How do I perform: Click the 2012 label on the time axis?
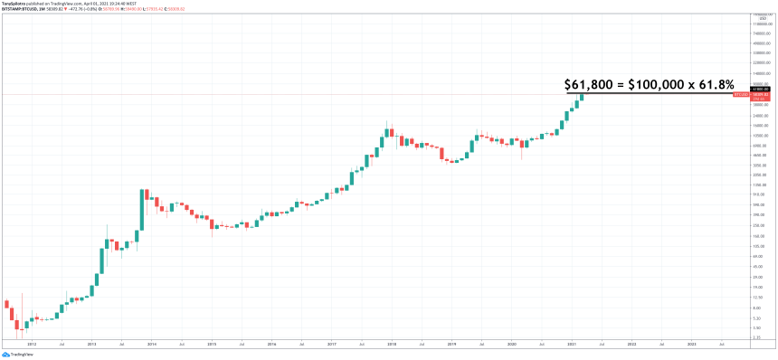click(32, 344)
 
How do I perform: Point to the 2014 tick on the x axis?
click(151, 344)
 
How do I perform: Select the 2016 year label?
click(270, 344)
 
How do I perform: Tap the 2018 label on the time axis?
click(391, 344)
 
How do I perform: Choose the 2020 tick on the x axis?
click(511, 344)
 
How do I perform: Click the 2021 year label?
click(571, 344)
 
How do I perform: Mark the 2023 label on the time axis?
click(691, 344)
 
